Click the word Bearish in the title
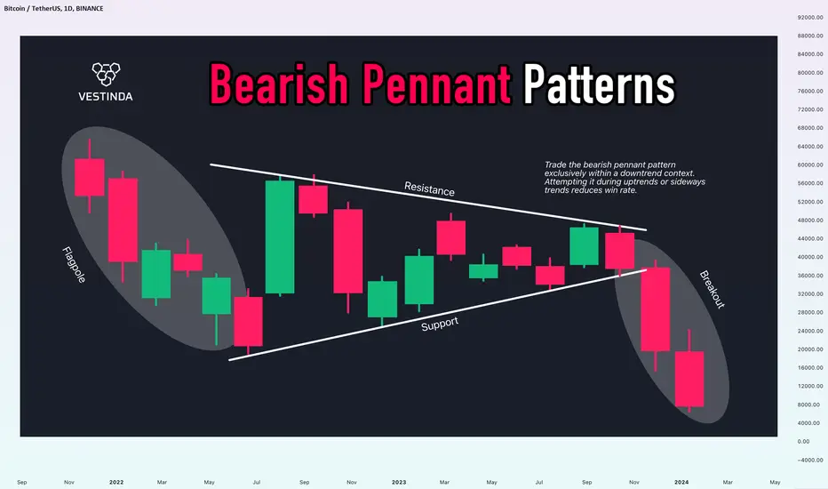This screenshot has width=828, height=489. click(x=279, y=84)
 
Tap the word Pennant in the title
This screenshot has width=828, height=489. click(x=436, y=84)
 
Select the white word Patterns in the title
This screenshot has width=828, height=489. click(x=599, y=84)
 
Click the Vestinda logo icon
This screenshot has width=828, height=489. click(x=106, y=75)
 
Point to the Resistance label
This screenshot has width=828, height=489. click(x=429, y=188)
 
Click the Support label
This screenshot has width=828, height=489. click(x=440, y=324)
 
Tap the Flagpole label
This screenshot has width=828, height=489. click(x=74, y=265)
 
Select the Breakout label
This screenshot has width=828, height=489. click(x=713, y=289)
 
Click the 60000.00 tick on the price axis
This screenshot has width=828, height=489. click(x=810, y=165)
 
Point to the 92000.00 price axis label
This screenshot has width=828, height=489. click(x=810, y=18)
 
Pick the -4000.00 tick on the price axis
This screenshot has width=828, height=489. click(x=810, y=460)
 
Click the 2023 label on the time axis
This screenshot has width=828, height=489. click(x=399, y=482)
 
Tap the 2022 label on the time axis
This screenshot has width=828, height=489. click(x=116, y=482)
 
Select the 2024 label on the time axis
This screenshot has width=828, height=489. click(x=681, y=482)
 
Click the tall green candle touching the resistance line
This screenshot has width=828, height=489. click(x=280, y=236)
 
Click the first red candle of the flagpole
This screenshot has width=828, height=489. click(x=89, y=177)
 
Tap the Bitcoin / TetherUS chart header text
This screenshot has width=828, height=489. click(x=54, y=9)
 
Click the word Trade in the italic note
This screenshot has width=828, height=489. click(x=555, y=165)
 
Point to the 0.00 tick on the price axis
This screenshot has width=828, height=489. click(x=803, y=441)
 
